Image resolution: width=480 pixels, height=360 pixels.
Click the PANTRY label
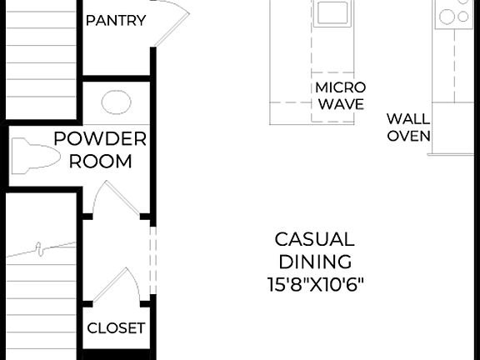116,20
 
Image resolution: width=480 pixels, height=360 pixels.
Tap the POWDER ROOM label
100,150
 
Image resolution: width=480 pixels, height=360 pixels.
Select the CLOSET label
116,327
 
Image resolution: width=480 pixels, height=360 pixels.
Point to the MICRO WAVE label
339,96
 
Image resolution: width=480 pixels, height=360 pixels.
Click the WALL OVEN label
407,127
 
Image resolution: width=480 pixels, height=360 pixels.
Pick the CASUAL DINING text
313,250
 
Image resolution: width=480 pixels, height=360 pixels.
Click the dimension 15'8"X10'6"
313,283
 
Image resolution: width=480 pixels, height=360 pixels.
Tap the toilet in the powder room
35,156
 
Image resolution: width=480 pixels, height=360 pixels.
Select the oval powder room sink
116,103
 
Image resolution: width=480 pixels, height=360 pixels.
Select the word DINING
313,262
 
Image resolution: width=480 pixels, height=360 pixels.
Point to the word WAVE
339,105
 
